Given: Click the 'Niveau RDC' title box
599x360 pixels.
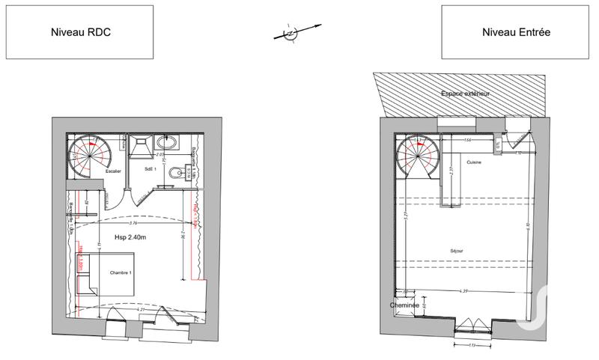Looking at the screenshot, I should point(80,32).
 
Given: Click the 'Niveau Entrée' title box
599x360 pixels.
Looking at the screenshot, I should point(517,32).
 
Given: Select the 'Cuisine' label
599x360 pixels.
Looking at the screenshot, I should point(473,162).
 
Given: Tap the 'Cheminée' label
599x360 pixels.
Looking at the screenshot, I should point(403,305).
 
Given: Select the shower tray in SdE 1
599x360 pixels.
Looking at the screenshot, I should point(140,147).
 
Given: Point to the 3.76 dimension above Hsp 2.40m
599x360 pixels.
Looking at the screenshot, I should point(133,223).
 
